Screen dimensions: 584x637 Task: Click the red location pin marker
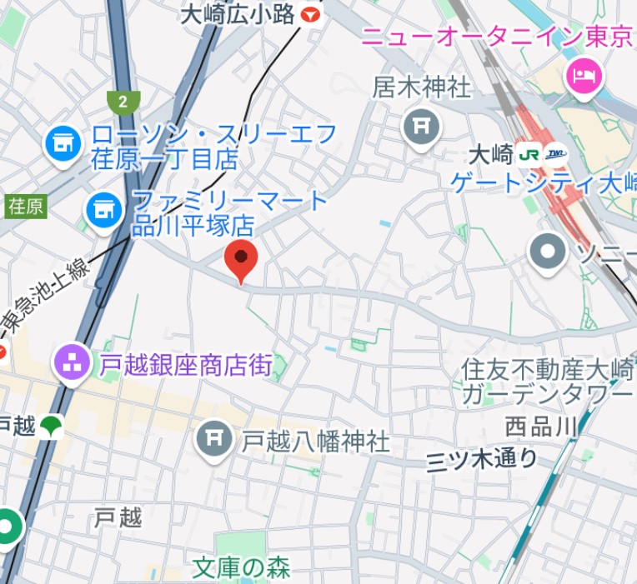[x=242, y=260]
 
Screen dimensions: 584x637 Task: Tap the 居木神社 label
[x=422, y=87]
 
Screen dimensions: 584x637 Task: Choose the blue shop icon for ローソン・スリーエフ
[x=62, y=145]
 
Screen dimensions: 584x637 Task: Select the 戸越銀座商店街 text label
[x=186, y=364]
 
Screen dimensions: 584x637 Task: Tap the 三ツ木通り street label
[x=482, y=459]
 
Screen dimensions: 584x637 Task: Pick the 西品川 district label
[x=540, y=427]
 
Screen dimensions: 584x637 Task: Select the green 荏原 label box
[x=26, y=206]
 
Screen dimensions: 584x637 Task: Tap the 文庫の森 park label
[x=241, y=568]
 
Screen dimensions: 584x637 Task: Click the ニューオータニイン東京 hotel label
[x=497, y=37]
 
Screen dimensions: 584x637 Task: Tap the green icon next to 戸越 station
[x=52, y=427]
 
